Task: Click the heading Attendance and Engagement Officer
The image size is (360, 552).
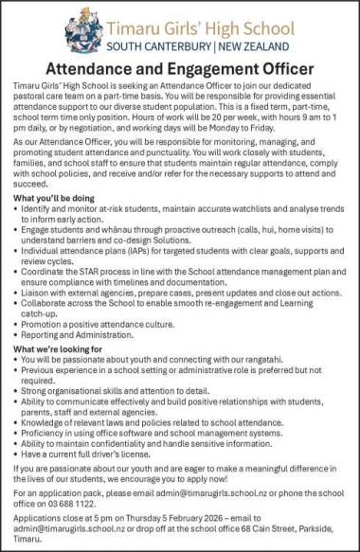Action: [180, 69]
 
